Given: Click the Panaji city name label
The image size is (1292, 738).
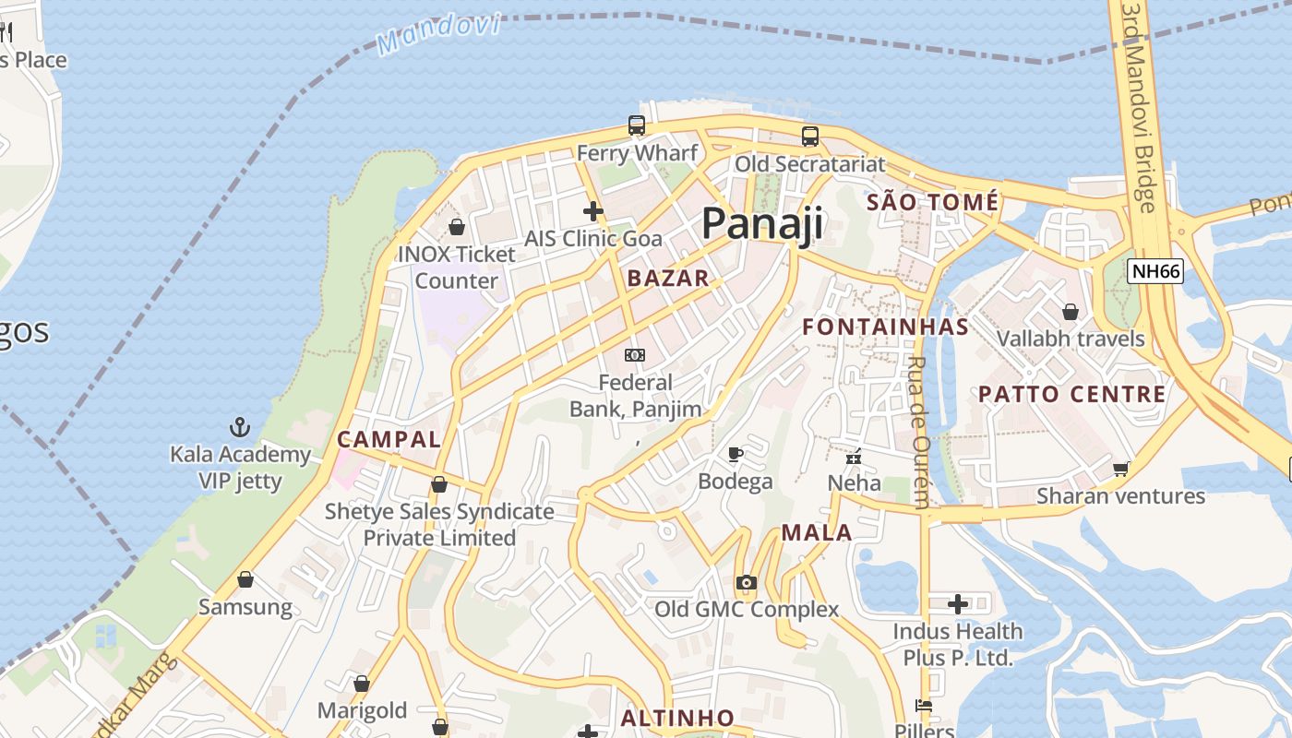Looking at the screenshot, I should tap(762, 223).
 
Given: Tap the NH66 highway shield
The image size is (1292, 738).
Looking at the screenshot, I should tap(1155, 271).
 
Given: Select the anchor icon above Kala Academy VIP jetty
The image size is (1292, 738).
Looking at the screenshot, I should tap(240, 427).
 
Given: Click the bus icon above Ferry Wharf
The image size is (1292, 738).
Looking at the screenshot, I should tap(636, 125).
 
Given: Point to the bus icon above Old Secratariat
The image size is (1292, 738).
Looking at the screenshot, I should tap(809, 137).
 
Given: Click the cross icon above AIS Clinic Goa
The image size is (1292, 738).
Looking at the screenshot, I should tap(592, 211).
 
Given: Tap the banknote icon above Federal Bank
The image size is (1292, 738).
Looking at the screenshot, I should tap(635, 355).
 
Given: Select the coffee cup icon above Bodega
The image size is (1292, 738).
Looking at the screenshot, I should tap(735, 454).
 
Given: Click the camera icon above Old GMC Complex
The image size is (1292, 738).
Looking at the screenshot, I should tap(746, 582).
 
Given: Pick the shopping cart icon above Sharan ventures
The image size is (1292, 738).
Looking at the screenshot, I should tap(1120, 469).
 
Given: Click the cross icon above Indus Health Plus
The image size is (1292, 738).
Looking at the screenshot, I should tap(958, 604).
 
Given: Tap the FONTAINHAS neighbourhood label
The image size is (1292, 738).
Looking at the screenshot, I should tap(885, 327).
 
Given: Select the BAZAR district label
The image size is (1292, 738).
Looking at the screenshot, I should tap(668, 278).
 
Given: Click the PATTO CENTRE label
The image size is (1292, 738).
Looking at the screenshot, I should tap(1071, 394).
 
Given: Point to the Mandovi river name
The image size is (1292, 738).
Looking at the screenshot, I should tap(438, 33).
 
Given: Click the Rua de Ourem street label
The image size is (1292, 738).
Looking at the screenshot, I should tap(918, 432).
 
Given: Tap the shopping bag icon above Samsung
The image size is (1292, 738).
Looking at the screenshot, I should tap(245, 580).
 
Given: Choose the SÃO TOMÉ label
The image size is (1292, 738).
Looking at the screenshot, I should tap(932, 202).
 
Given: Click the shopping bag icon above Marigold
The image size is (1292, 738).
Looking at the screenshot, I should tap(362, 684).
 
